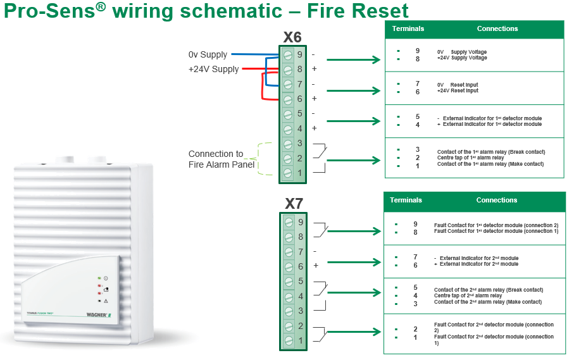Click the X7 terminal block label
click(x=294, y=204)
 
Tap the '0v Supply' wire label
click(x=208, y=55)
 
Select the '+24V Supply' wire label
click(x=213, y=69)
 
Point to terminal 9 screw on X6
click(x=288, y=54)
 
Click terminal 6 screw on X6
click(x=288, y=99)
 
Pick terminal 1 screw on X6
click(x=288, y=173)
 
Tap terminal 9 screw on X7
click(x=289, y=222)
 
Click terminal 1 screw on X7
click(x=289, y=341)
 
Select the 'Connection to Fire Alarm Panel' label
click(x=220, y=159)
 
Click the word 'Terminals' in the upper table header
click(x=408, y=29)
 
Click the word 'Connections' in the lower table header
click(x=497, y=201)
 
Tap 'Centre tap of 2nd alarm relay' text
click(x=468, y=295)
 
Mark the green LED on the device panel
click(x=99, y=278)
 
